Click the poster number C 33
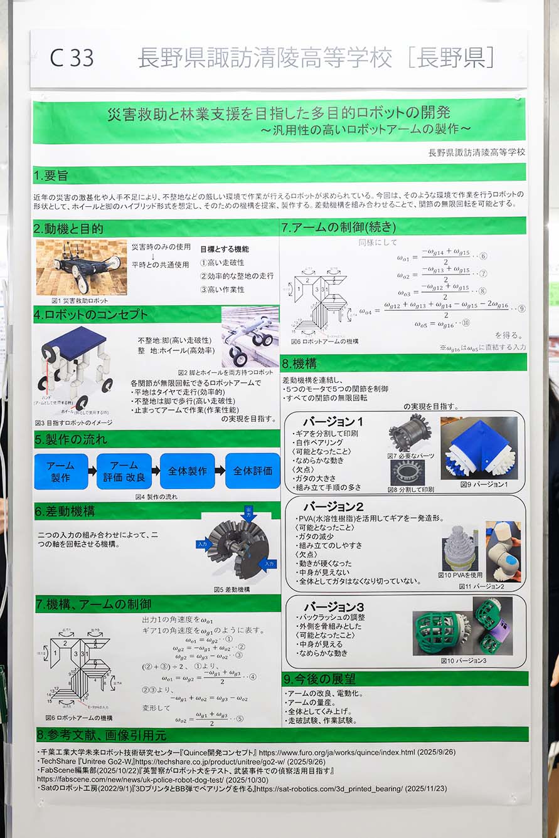[72, 58]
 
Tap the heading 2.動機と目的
[68, 228]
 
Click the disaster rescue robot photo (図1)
[82, 266]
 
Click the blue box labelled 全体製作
[187, 471]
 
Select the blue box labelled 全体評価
[252, 471]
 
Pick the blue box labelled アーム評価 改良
[124, 471]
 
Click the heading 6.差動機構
[65, 511]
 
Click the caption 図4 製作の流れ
[156, 496]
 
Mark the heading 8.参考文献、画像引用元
[100, 735]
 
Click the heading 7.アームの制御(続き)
[338, 226]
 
